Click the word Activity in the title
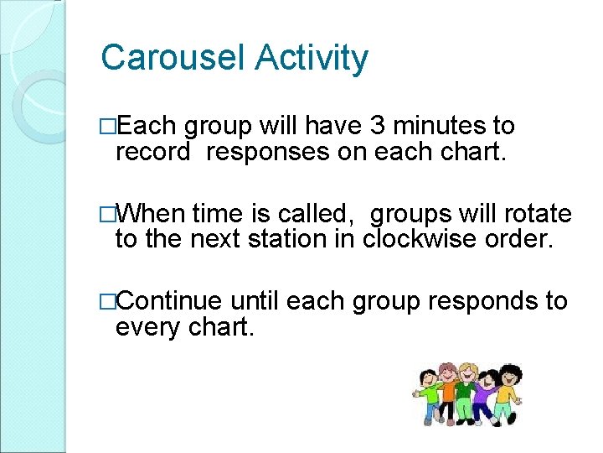(312, 59)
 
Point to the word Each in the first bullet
(148, 127)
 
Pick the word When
(153, 214)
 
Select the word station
(281, 241)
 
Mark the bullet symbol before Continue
(106, 301)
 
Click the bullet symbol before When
(106, 214)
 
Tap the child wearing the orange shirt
(448, 391)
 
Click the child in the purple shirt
(484, 394)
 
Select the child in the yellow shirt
(508, 390)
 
